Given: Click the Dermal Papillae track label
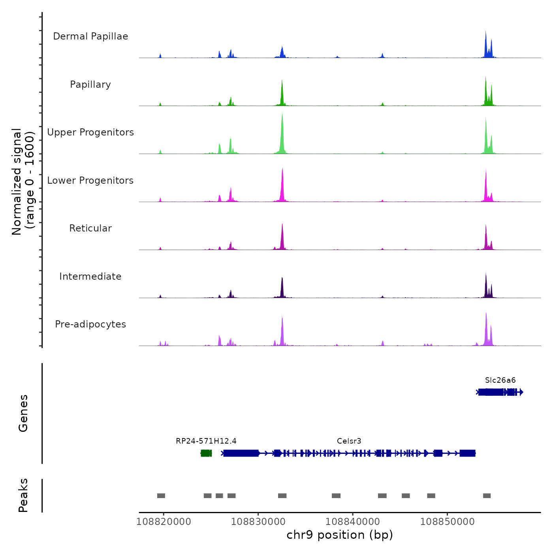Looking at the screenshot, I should [x=90, y=36].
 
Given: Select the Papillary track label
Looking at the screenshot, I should [x=90, y=85].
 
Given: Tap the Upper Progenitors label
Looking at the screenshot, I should [x=90, y=132].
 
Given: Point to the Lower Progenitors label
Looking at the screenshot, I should [x=90, y=181].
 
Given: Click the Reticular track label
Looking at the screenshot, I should [x=90, y=228].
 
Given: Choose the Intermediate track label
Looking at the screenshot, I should [x=90, y=276].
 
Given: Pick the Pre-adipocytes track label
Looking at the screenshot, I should [x=90, y=324].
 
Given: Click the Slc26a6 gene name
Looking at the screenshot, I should [x=500, y=380].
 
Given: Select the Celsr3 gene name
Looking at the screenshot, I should [x=349, y=441].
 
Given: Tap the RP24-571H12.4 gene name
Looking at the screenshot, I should [x=206, y=441].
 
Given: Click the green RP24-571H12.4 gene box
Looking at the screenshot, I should [x=206, y=453].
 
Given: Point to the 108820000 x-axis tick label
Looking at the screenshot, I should [x=164, y=521].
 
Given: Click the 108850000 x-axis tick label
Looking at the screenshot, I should [x=448, y=521].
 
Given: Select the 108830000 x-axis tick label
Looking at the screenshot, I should [x=258, y=521].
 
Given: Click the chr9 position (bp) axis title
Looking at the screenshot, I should [x=340, y=535].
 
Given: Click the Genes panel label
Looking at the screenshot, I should [x=23, y=413].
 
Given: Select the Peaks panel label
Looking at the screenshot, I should [x=23, y=495].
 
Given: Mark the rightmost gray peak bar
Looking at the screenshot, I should [x=487, y=496].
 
